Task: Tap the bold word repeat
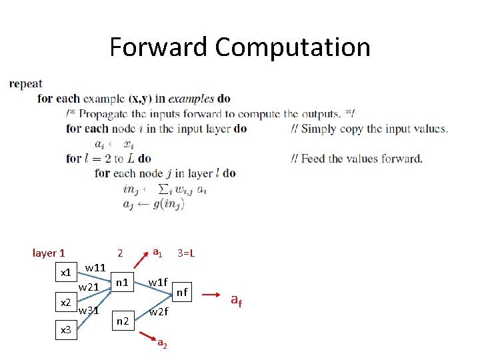(x=26, y=84)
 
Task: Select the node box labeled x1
(x=66, y=273)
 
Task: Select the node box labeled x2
(x=66, y=302)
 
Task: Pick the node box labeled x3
(x=66, y=329)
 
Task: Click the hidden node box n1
(x=121, y=282)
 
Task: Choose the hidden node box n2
(x=122, y=321)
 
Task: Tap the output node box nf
(x=182, y=291)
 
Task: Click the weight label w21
(x=89, y=287)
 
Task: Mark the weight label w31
(x=89, y=311)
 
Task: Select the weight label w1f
(x=158, y=282)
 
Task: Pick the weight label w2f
(x=158, y=311)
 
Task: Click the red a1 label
(x=157, y=252)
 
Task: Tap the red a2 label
(x=162, y=343)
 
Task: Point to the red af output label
(x=236, y=300)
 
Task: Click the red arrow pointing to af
(x=213, y=293)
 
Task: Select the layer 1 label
(x=49, y=253)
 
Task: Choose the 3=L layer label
(x=185, y=253)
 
